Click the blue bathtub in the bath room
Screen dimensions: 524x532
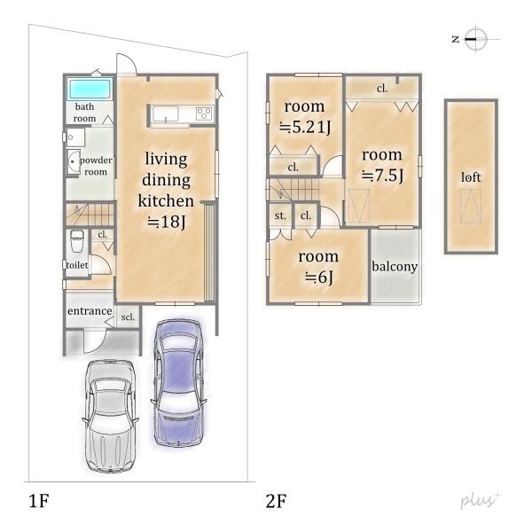click(x=90, y=90)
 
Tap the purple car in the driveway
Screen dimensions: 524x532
click(x=178, y=383)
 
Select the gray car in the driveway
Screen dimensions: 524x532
click(x=110, y=417)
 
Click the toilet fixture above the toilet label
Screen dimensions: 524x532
click(x=77, y=241)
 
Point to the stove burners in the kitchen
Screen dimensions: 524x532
click(x=204, y=113)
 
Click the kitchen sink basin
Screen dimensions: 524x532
click(x=165, y=114)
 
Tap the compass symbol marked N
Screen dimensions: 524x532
click(x=475, y=39)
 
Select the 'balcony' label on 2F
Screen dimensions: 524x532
click(x=395, y=266)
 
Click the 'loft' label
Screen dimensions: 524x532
click(x=471, y=177)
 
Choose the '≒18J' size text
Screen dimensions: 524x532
click(x=167, y=222)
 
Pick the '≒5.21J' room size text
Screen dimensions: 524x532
click(x=304, y=127)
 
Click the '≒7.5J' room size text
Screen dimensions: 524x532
click(x=382, y=176)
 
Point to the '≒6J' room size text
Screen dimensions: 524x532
click(x=319, y=278)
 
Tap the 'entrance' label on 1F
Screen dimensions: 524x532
click(x=90, y=311)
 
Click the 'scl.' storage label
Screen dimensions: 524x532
click(x=128, y=317)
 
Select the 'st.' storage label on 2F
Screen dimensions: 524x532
click(x=280, y=215)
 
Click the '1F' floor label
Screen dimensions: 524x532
click(x=39, y=501)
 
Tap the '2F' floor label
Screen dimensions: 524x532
click(x=276, y=501)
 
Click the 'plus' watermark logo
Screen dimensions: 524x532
click(x=480, y=500)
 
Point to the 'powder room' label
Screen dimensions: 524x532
click(x=96, y=166)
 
